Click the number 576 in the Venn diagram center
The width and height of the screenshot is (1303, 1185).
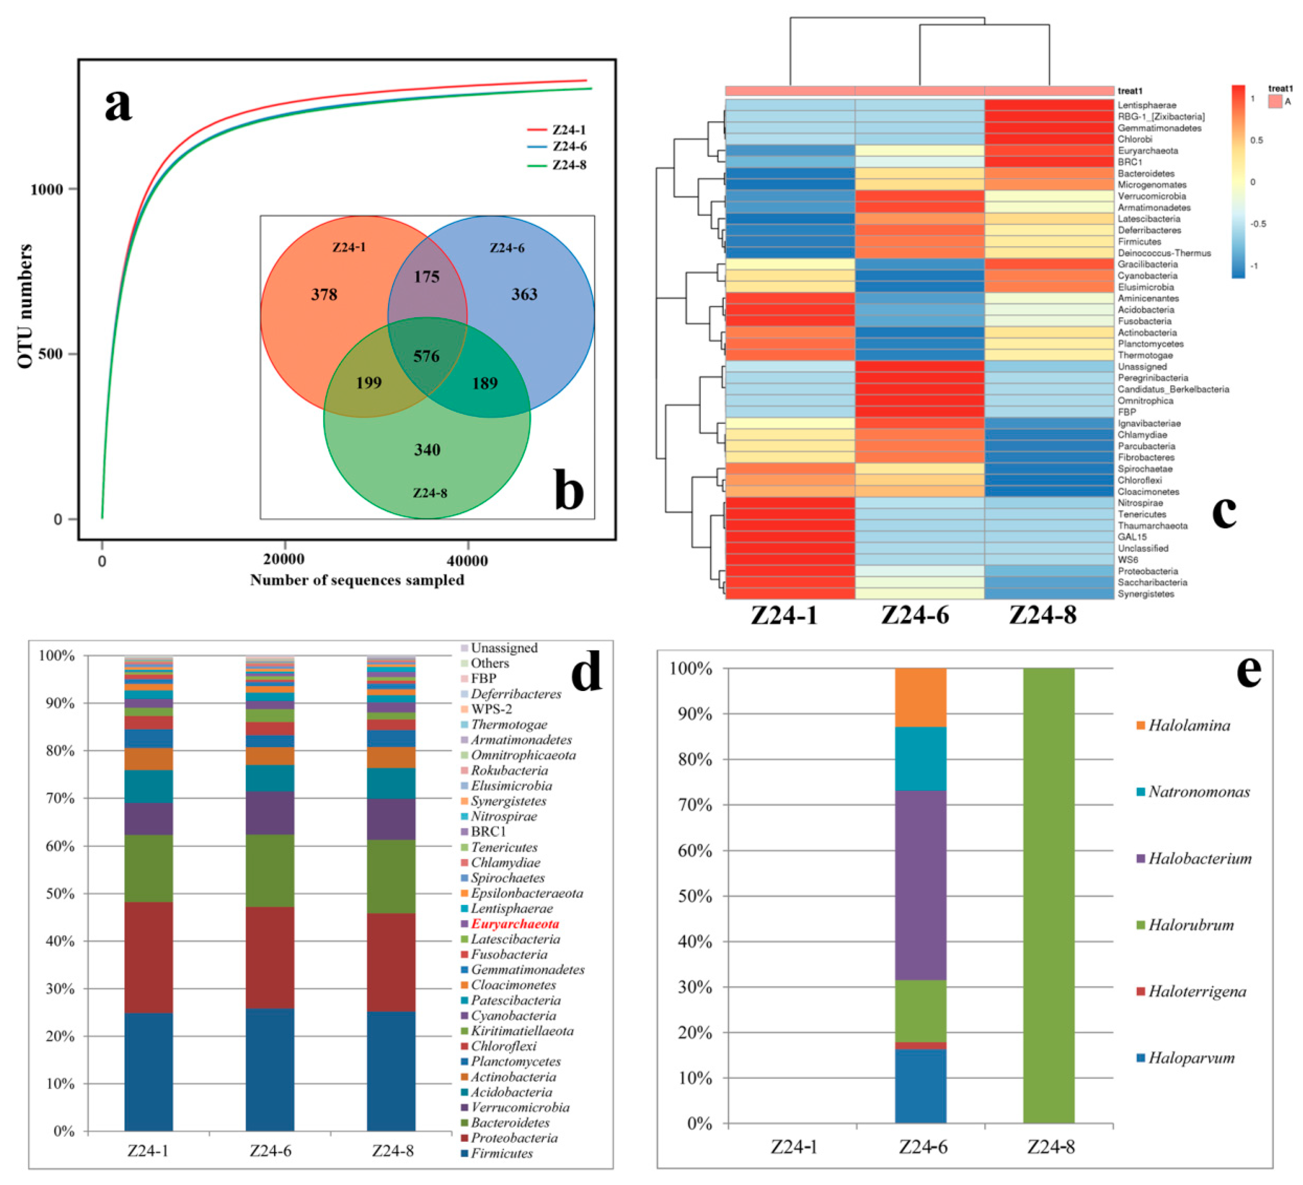[x=426, y=356]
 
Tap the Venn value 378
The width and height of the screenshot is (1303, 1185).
[x=324, y=295]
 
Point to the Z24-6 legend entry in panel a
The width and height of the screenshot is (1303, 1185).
[x=569, y=147]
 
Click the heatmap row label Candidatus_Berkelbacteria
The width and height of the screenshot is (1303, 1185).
[x=1173, y=390]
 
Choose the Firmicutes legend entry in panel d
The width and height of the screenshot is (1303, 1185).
[x=501, y=1153]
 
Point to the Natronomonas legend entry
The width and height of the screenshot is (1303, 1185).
[x=1198, y=792]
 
